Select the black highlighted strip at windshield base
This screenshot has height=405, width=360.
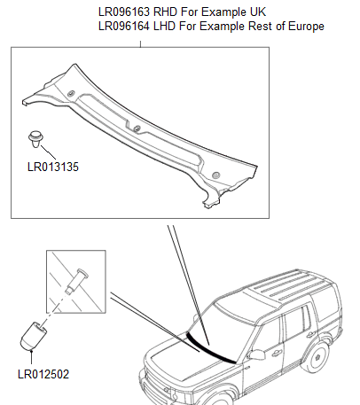click(x=213, y=350)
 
